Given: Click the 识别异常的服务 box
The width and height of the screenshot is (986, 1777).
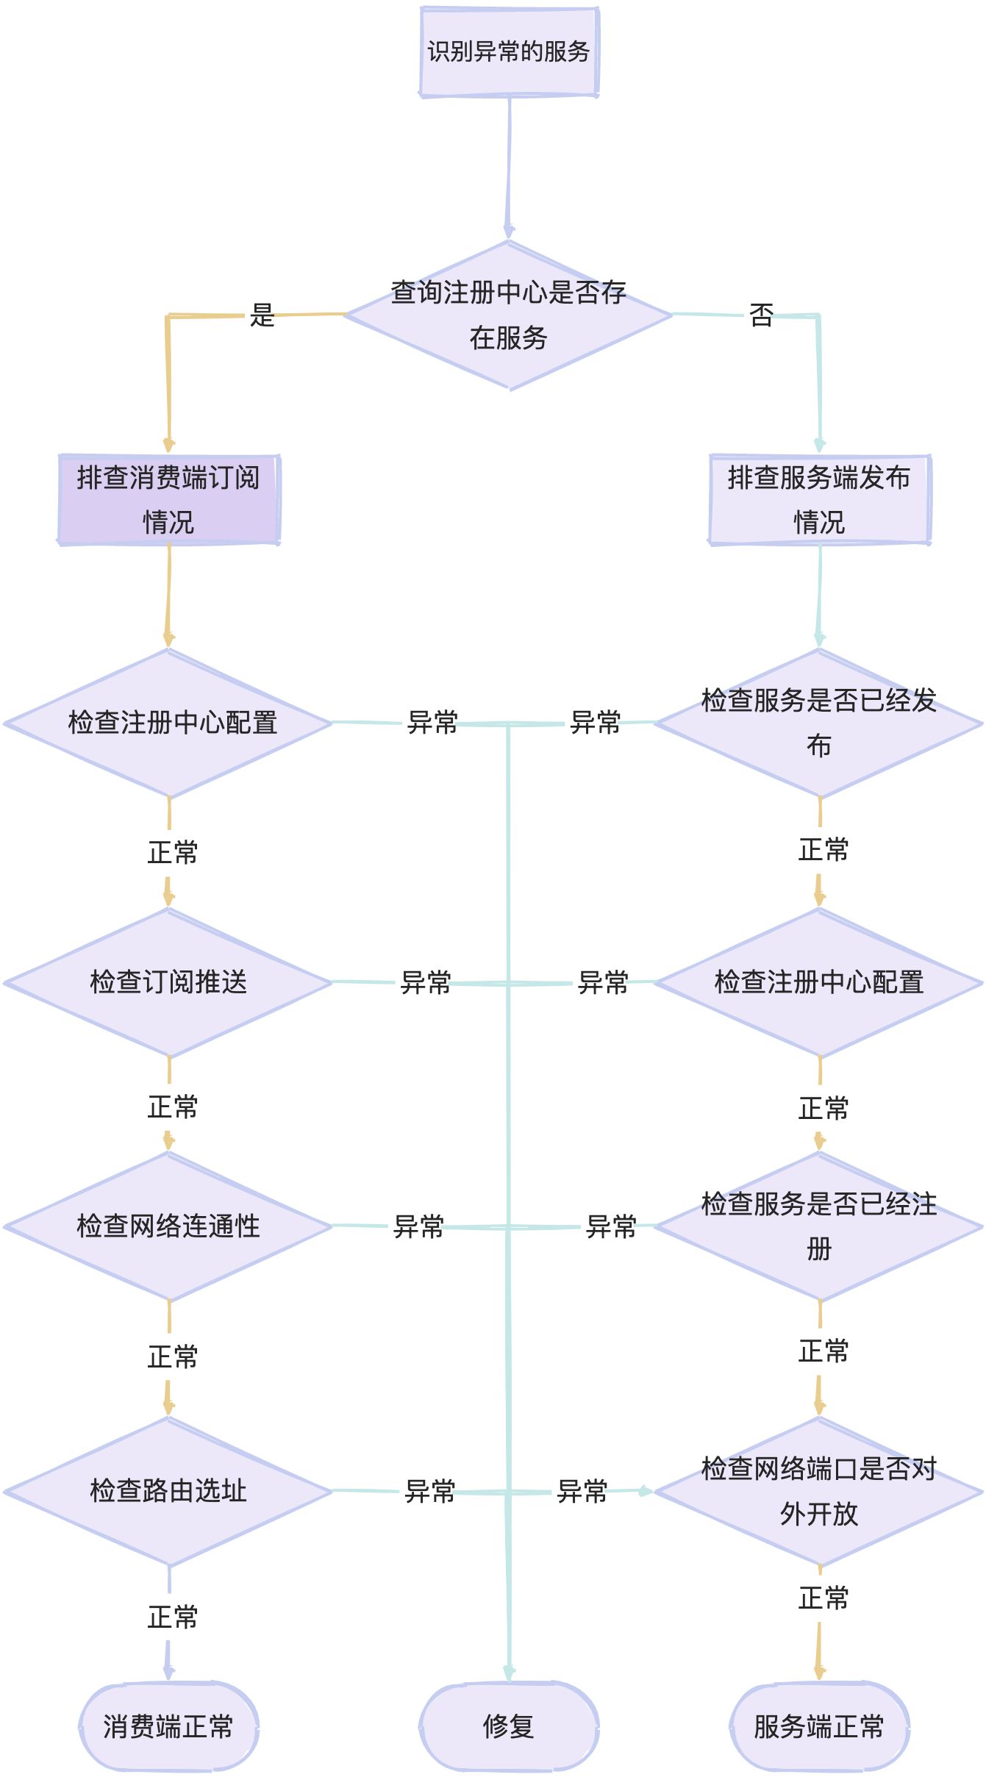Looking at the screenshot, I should (509, 51).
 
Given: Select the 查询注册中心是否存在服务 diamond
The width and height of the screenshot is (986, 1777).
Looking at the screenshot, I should (509, 315).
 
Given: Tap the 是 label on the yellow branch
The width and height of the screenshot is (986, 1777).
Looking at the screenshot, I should (262, 315).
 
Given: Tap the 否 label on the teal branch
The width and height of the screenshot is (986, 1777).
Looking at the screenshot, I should (761, 315).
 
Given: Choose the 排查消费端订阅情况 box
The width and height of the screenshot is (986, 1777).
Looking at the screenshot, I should (168, 499).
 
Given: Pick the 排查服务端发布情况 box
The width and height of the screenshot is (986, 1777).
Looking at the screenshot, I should (819, 499).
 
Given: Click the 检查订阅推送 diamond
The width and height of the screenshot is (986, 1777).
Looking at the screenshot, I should (168, 982).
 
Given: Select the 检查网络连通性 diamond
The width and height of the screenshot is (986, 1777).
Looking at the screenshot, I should (168, 1226).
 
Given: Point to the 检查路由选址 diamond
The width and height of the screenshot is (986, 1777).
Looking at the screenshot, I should (168, 1491).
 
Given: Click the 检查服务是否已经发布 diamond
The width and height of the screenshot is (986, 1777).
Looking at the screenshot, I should (819, 723).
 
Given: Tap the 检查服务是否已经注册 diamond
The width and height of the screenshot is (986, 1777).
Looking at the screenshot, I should (819, 1226).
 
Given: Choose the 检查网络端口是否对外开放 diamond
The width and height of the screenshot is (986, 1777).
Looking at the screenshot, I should (819, 1491).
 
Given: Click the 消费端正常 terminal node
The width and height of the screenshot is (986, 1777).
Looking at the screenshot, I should (168, 1726).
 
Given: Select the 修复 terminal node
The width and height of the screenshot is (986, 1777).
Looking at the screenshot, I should (509, 1726).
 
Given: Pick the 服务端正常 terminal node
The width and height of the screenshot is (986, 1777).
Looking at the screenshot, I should (819, 1726).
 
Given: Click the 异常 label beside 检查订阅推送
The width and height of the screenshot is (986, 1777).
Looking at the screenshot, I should (426, 982).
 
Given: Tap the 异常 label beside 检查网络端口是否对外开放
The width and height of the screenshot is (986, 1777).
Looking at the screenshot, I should (582, 1491).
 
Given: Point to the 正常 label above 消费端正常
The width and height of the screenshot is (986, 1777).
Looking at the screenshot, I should (173, 1617).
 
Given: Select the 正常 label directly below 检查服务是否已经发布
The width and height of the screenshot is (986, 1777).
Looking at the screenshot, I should (824, 850).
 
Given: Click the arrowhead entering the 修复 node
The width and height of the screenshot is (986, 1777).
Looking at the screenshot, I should (509, 1673).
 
